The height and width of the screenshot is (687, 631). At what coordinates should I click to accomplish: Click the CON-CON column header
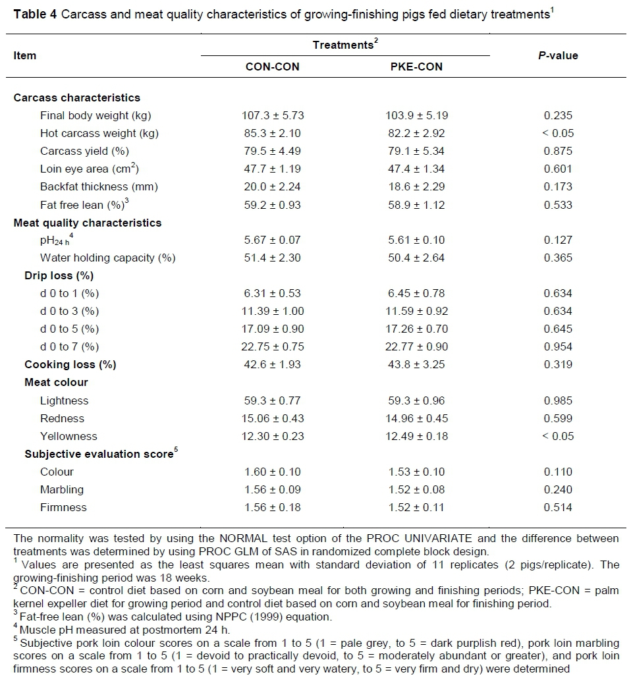pyautogui.click(x=272, y=67)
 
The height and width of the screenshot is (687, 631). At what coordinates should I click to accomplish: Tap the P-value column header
pyautogui.click(x=558, y=55)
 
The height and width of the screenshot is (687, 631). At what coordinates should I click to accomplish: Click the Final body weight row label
pyautogui.click(x=96, y=115)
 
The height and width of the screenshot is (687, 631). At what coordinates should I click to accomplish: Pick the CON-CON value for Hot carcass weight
pyautogui.click(x=272, y=133)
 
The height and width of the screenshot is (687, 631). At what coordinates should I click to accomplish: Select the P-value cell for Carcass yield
pyautogui.click(x=559, y=151)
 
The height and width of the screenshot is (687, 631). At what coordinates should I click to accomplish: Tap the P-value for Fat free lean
pyautogui.click(x=559, y=205)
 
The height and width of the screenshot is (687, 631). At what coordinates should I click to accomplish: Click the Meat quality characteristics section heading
pyautogui.click(x=88, y=223)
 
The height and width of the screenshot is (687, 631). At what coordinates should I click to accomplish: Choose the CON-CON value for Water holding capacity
pyautogui.click(x=272, y=258)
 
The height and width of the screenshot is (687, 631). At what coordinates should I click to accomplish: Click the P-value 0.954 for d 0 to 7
pyautogui.click(x=559, y=346)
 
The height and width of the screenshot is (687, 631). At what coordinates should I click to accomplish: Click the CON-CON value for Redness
pyautogui.click(x=272, y=418)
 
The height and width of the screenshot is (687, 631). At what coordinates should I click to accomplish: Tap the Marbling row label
pyautogui.click(x=62, y=489)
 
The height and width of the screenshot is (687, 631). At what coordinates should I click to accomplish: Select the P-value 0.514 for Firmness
pyautogui.click(x=559, y=507)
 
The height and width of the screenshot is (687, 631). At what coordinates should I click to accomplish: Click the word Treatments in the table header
pyautogui.click(x=343, y=45)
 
